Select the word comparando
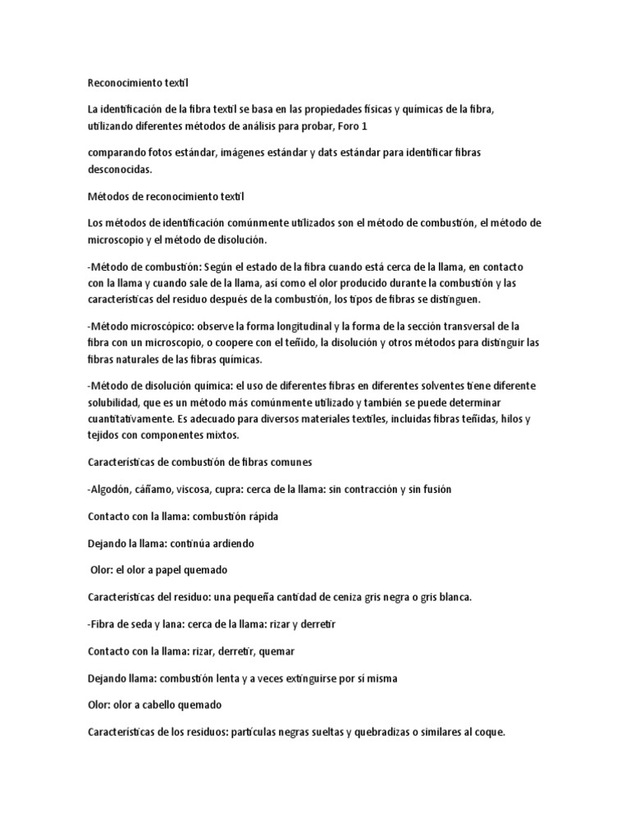click(120, 154)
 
